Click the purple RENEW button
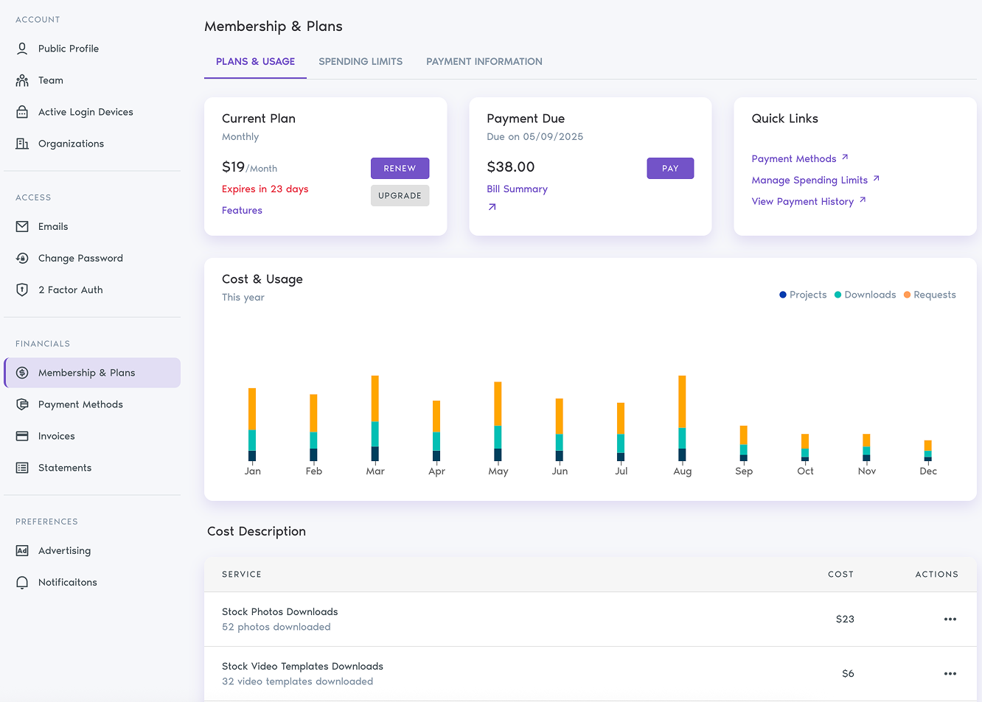(400, 169)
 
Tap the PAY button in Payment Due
(669, 169)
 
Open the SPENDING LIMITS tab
(361, 62)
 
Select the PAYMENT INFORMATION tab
(484, 62)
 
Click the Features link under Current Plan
(242, 211)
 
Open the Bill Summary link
(517, 189)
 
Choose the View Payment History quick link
(802, 202)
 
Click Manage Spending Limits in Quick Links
(809, 180)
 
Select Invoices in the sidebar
(56, 436)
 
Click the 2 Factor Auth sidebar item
(70, 290)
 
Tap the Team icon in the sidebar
(22, 80)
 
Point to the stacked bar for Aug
(682, 418)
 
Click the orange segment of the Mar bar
(375, 398)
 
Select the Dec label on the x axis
(927, 471)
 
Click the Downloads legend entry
(869, 295)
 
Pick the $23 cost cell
(844, 619)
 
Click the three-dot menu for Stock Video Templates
(950, 674)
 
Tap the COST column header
(840, 575)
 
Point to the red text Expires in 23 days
(265, 189)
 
